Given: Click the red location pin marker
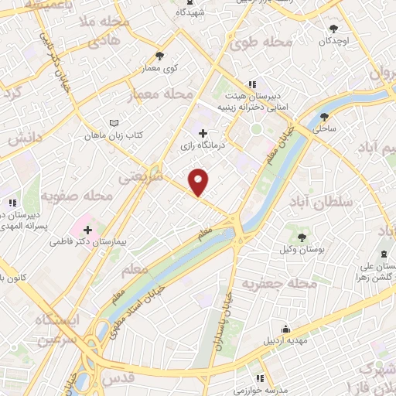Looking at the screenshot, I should pyautogui.click(x=199, y=181).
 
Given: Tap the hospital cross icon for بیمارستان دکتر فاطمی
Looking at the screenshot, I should pyautogui.click(x=87, y=230).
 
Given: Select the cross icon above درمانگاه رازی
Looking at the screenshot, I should pyautogui.click(x=203, y=134).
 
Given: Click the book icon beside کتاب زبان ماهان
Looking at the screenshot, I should pyautogui.click(x=114, y=123).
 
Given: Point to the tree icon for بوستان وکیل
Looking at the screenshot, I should pyautogui.click(x=301, y=237).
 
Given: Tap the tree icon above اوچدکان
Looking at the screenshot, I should pyautogui.click(x=333, y=29).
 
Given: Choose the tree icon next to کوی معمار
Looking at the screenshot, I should pyautogui.click(x=159, y=56).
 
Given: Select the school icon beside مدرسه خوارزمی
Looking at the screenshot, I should pyautogui.click(x=260, y=378).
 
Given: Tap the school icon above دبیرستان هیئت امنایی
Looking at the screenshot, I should pyautogui.click(x=251, y=84).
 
